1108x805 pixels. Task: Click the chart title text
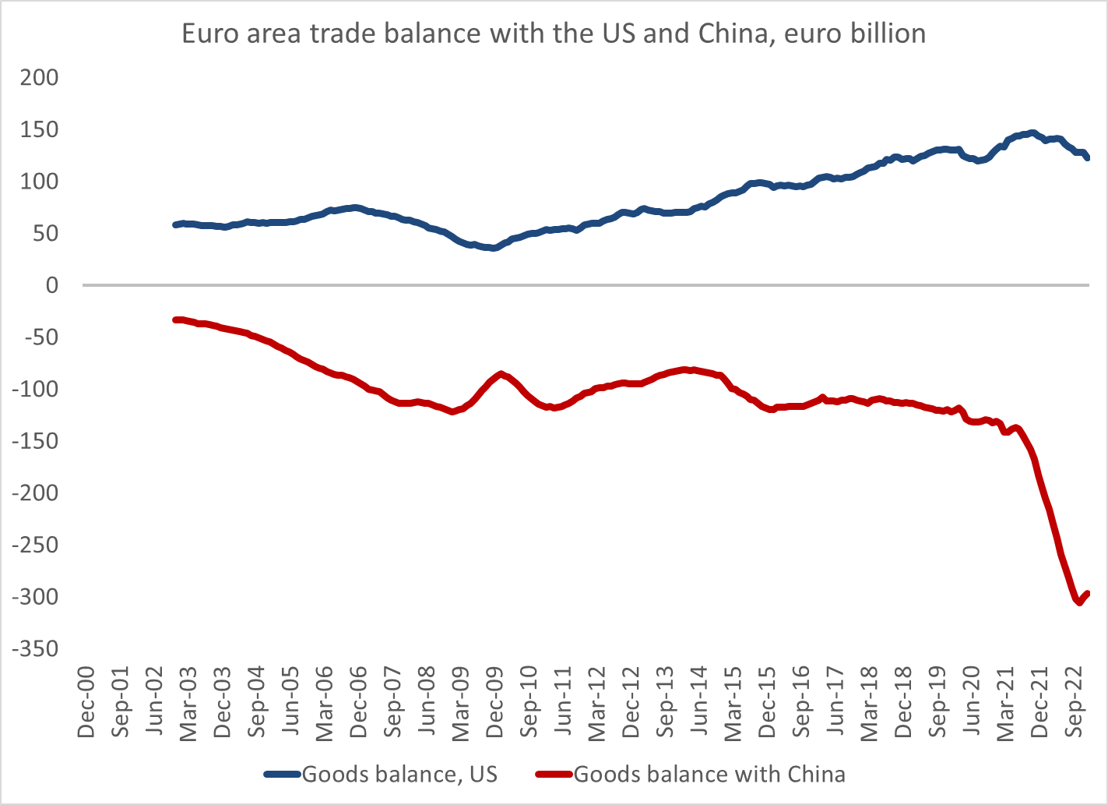point(554,34)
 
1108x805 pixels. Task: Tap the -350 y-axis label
point(35,649)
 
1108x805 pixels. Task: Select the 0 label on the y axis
point(52,285)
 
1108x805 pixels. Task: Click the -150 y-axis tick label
point(35,441)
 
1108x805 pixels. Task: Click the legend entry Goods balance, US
point(399,774)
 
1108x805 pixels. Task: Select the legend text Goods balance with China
point(709,774)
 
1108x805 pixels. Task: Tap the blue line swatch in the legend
point(282,774)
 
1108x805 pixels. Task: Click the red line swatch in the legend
point(554,774)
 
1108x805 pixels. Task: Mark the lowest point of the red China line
point(1079,602)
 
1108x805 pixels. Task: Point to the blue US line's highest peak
point(1032,132)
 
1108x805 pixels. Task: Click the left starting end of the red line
point(176,320)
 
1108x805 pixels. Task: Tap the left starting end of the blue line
point(176,224)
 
